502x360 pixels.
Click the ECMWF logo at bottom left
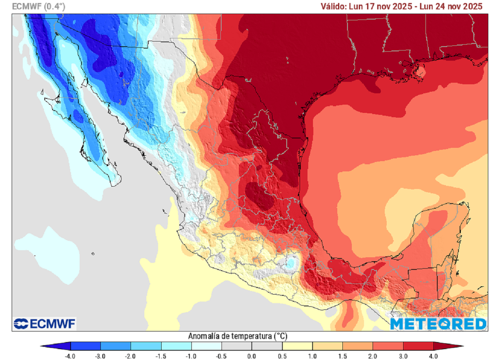click(45, 324)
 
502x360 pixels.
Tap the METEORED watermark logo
click(438, 324)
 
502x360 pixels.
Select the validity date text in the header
click(402, 6)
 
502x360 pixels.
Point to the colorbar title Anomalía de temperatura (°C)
click(237, 336)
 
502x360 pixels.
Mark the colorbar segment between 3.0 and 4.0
click(418, 346)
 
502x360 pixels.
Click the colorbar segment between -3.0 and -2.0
click(116, 346)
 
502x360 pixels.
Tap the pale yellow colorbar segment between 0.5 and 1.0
click(297, 346)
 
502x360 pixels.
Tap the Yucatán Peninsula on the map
click(441, 231)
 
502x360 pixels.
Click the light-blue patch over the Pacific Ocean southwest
click(49, 253)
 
